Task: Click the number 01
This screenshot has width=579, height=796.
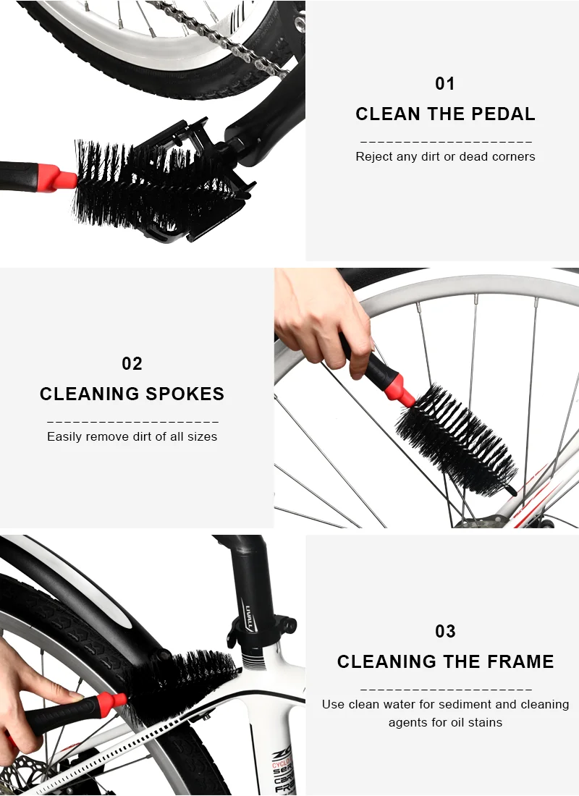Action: click(x=445, y=84)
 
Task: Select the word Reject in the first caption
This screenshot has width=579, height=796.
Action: click(x=373, y=156)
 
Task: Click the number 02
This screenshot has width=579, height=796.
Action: click(x=132, y=364)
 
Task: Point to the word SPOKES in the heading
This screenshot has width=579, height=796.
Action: click(x=186, y=394)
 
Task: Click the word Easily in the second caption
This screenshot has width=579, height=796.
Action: click(x=64, y=436)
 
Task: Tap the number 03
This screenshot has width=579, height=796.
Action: click(x=445, y=632)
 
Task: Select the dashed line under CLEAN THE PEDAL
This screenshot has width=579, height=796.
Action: click(x=445, y=142)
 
